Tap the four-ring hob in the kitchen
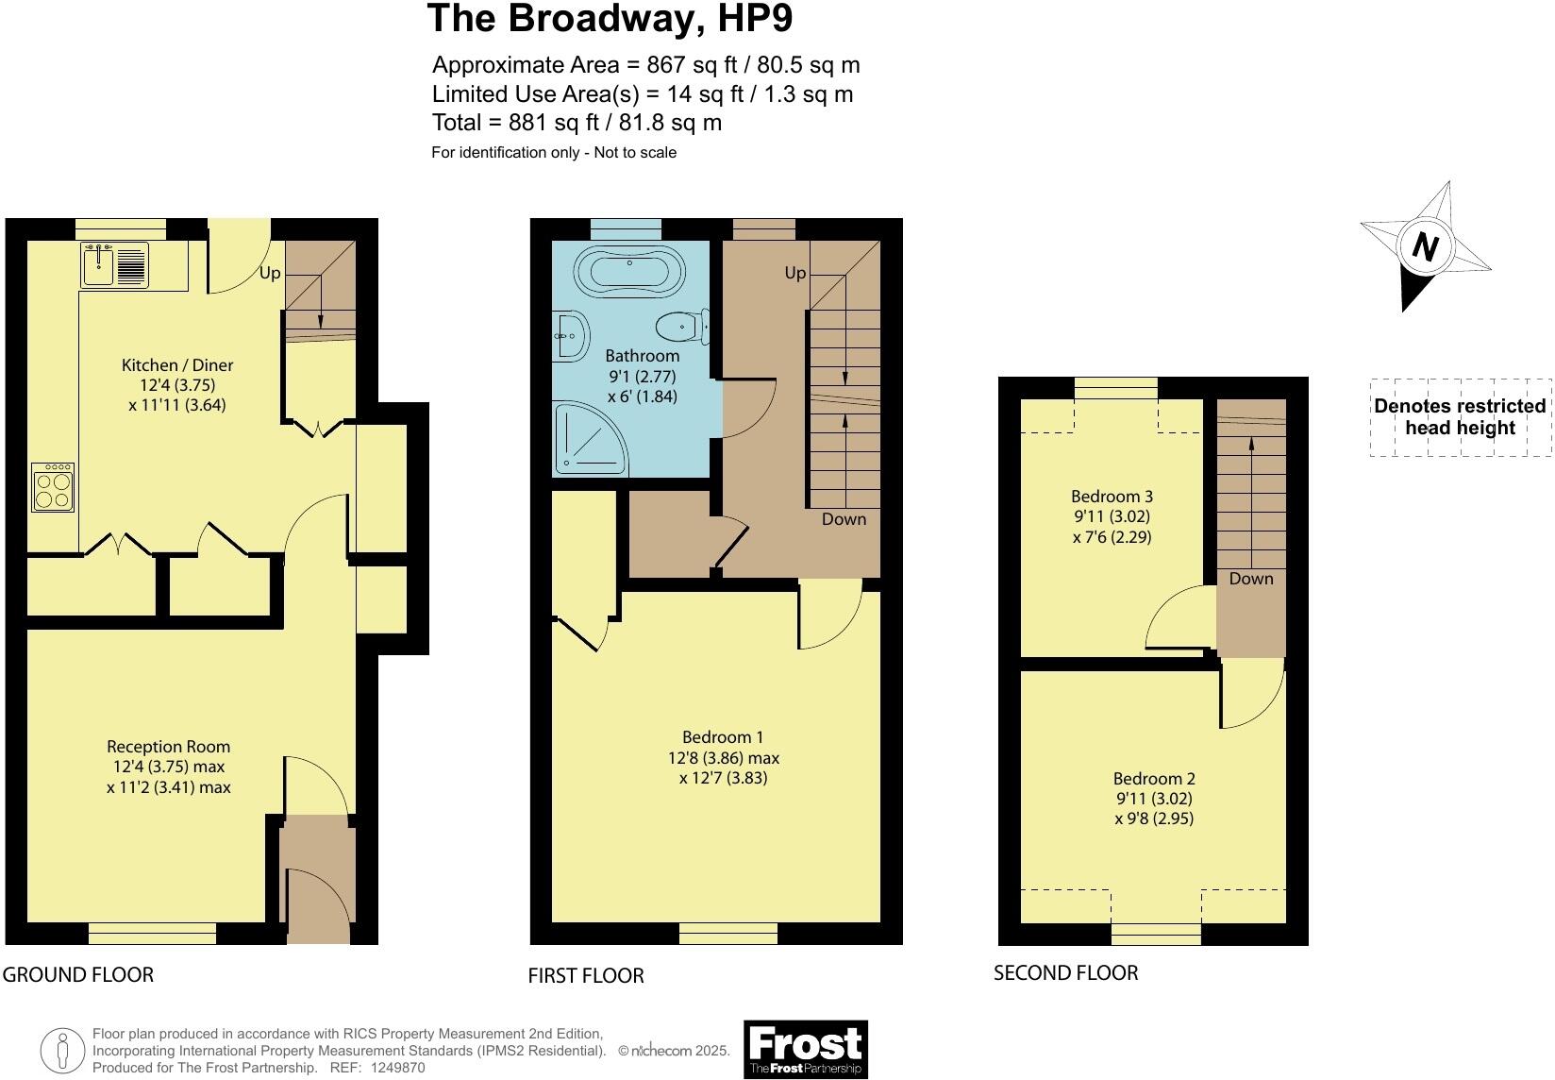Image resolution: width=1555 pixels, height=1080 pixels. point(53,487)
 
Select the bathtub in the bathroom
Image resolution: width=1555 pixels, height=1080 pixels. point(628,271)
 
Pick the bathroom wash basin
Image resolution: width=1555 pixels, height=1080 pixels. point(570,336)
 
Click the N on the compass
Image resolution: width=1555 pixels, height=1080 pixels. point(1425,248)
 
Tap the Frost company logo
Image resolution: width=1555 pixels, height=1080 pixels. point(805,1049)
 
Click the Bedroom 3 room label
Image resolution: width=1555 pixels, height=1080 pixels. point(1112,497)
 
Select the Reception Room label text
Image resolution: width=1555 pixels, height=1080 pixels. point(168,747)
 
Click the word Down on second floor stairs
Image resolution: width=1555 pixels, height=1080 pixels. point(1250,579)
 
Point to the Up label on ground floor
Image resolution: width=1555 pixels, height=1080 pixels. point(270,274)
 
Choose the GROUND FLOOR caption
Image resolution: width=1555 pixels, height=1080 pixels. point(77,974)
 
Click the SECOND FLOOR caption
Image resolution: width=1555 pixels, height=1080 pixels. point(1065,972)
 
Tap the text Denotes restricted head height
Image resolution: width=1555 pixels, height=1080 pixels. point(1459,416)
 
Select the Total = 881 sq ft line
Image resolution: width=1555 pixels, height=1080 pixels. point(577,123)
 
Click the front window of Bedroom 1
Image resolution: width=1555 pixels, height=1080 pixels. point(728,934)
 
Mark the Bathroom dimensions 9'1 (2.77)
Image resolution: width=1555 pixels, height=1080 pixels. point(642,376)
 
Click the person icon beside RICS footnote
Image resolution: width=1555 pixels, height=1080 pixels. point(62,1051)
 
